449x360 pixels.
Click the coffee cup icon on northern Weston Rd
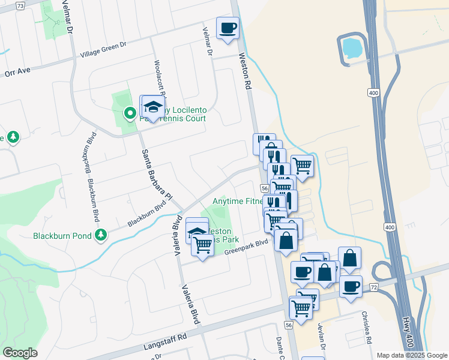click(x=228, y=28)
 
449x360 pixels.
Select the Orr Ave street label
click(x=17, y=71)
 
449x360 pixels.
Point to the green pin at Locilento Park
click(x=129, y=112)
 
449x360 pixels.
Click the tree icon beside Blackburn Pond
click(x=101, y=235)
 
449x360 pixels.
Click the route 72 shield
click(x=373, y=289)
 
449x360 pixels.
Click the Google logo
click(x=20, y=353)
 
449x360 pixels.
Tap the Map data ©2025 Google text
click(x=411, y=355)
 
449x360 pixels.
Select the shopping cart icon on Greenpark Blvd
click(x=203, y=244)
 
